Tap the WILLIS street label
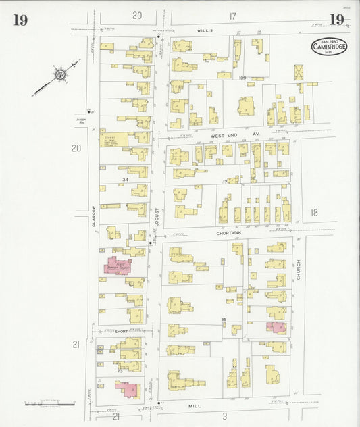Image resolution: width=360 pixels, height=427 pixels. tap(205, 31)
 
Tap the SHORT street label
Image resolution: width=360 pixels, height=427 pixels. tap(121, 332)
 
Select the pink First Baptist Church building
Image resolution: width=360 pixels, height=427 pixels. tap(117, 266)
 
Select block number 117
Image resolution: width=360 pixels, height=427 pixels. tap(223, 182)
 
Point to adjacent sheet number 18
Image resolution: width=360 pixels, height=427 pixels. tap(313, 213)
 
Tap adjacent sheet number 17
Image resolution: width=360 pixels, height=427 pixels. tap(232, 16)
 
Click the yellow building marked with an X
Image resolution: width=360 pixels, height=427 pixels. tap(299, 72)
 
